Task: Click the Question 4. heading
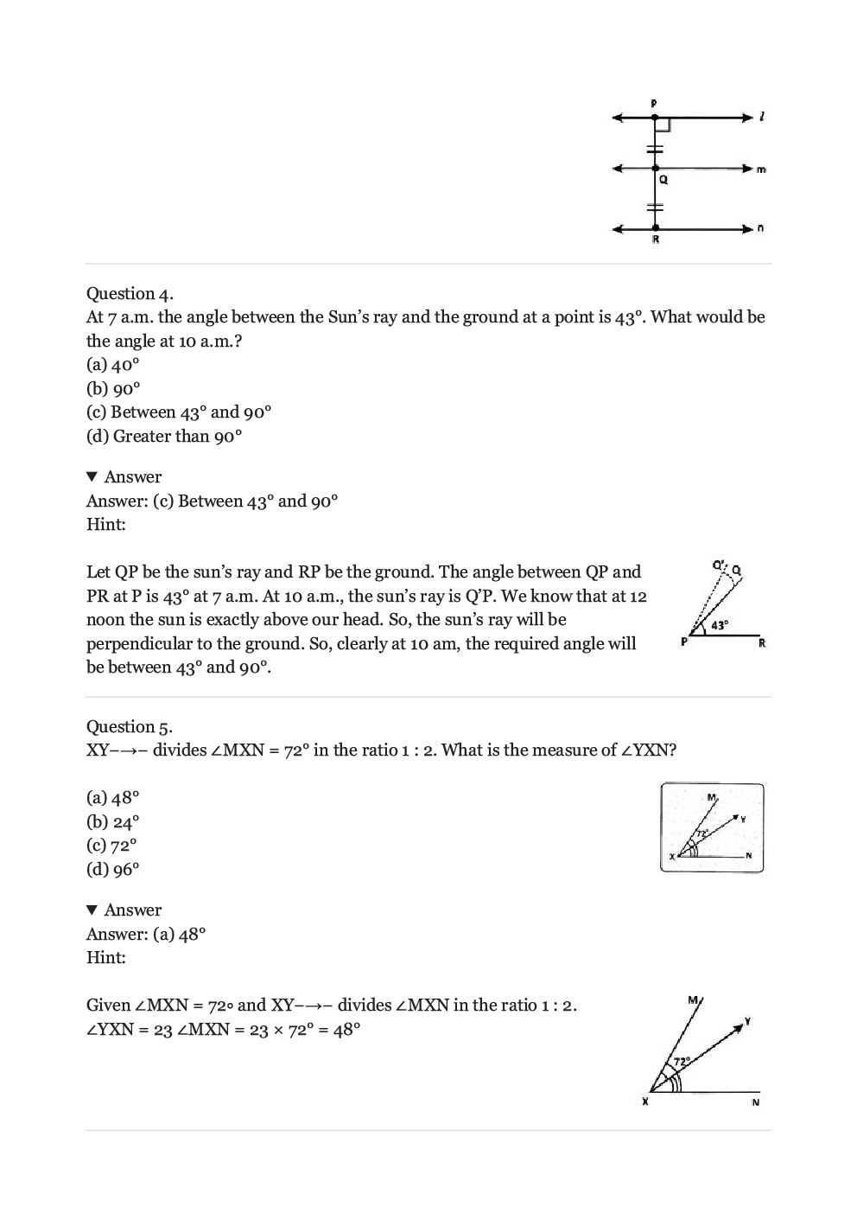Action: tap(130, 293)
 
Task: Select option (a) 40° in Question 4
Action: tap(112, 365)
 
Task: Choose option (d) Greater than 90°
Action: tap(164, 437)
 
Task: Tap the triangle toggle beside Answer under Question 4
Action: tap(92, 477)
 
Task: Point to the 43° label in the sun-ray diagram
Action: tap(720, 624)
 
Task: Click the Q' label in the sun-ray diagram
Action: tap(718, 565)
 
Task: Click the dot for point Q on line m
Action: tap(655, 169)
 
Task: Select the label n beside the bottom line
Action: tap(760, 229)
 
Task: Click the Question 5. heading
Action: tap(130, 726)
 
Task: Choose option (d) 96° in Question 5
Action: tap(112, 870)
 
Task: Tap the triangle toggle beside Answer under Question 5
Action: tap(92, 910)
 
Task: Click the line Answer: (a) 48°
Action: tap(146, 934)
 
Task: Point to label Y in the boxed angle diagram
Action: tap(742, 818)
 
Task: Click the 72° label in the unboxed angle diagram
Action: tap(681, 1060)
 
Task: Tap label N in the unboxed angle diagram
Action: tap(755, 1102)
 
